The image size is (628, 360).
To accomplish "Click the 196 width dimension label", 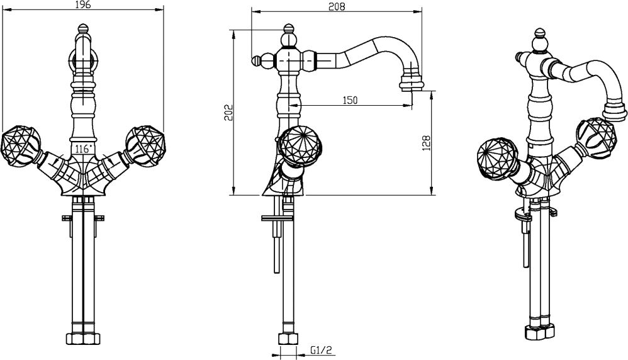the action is point(83,4).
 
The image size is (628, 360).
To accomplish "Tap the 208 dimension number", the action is point(337,6).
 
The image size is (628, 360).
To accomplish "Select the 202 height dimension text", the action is point(228,113).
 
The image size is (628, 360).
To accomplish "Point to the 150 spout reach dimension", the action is point(350,99).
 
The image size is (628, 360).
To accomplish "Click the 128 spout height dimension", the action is point(426,143).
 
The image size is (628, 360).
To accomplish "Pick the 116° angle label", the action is point(83,149).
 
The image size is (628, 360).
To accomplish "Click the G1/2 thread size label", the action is point(321,351).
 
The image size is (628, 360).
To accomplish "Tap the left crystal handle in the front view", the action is point(20,145).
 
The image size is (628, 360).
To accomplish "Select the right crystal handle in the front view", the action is point(144,145).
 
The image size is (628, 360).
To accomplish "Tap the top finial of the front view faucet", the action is point(82,29).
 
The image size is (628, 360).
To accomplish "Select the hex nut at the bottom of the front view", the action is point(83,339).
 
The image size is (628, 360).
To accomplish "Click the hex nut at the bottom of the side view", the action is point(288,339).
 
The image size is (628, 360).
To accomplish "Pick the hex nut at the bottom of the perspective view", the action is point(540,332).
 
